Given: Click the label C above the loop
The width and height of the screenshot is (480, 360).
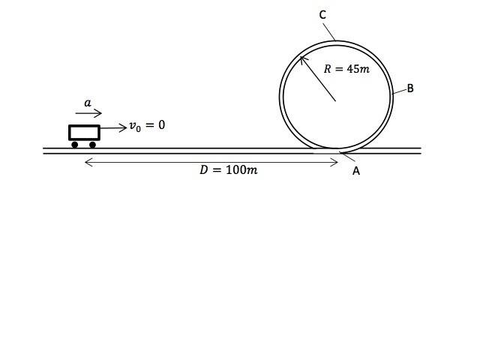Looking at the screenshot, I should point(322,15).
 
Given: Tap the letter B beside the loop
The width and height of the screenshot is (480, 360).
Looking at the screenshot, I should point(410,88).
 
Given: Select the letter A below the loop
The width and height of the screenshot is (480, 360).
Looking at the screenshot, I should point(356,171).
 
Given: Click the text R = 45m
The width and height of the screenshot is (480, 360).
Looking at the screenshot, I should point(346,69).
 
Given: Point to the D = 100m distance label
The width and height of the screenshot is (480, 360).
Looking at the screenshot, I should point(228,170).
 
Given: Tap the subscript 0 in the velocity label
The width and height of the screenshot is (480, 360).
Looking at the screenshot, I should point(138,129).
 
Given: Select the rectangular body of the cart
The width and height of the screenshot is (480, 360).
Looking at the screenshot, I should point(84,132).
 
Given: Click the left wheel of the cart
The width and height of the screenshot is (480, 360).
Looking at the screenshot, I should point(75,145).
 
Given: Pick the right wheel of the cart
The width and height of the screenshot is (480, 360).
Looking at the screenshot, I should point(92,145).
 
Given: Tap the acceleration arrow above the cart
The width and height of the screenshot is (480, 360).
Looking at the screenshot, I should point(88,114).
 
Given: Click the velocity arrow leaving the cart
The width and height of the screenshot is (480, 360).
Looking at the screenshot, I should point(113,128).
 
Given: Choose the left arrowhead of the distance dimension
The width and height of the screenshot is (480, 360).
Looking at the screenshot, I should point(88,161).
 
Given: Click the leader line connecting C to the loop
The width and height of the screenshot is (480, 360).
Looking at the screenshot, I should point(328,31).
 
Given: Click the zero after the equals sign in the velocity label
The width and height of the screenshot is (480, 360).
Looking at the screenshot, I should point(160,125).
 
